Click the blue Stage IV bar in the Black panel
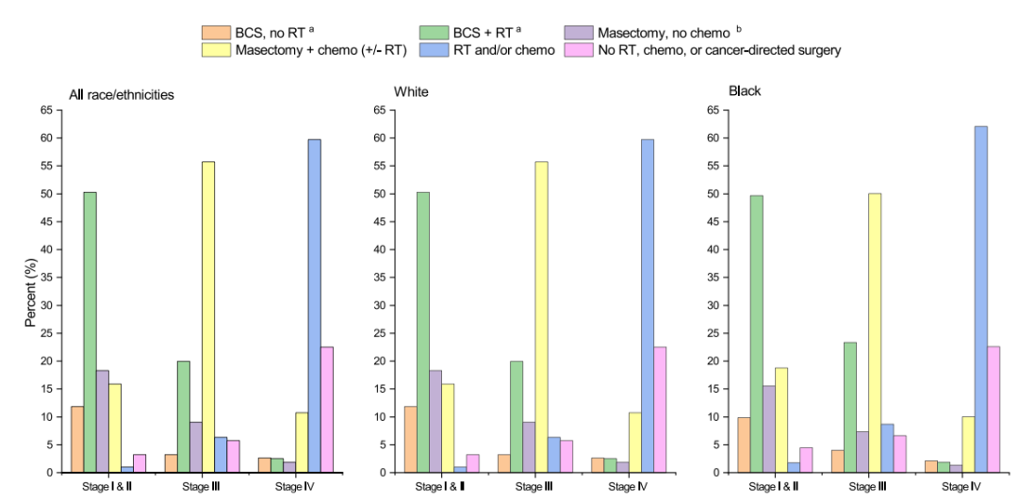(x=981, y=299)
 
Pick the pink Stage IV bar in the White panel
(x=660, y=410)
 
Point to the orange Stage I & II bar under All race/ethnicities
(x=76, y=439)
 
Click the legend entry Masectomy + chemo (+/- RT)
(x=320, y=50)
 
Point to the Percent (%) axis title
(x=30, y=291)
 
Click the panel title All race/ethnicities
(x=122, y=95)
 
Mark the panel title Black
(x=745, y=91)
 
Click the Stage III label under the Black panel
(x=862, y=487)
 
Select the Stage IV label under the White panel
(x=628, y=487)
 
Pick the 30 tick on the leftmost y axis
(x=46, y=305)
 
